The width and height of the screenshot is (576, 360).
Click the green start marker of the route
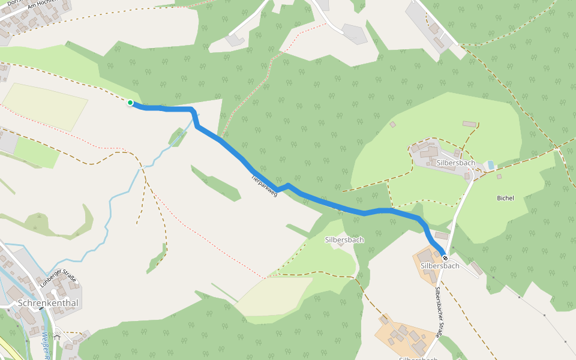coord(130,103)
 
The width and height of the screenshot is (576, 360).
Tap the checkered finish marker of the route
coord(445,257)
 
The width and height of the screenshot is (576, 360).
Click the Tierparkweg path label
coord(264,186)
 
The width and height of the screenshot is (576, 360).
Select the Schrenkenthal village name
coord(48,303)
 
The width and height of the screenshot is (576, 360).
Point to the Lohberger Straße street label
coord(58,280)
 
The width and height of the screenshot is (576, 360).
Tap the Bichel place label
coord(505,198)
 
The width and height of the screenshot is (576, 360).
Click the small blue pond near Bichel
coord(491,164)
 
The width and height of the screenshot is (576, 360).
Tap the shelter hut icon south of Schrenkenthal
coord(57,337)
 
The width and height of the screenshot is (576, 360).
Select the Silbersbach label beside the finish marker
coord(440,266)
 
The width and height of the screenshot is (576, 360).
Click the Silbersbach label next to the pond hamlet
coord(456,163)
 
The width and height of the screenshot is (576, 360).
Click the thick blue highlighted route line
coord(330,204)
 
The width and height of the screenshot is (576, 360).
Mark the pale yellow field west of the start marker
coord(45,105)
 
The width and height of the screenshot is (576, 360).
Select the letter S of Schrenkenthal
coord(22,304)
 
